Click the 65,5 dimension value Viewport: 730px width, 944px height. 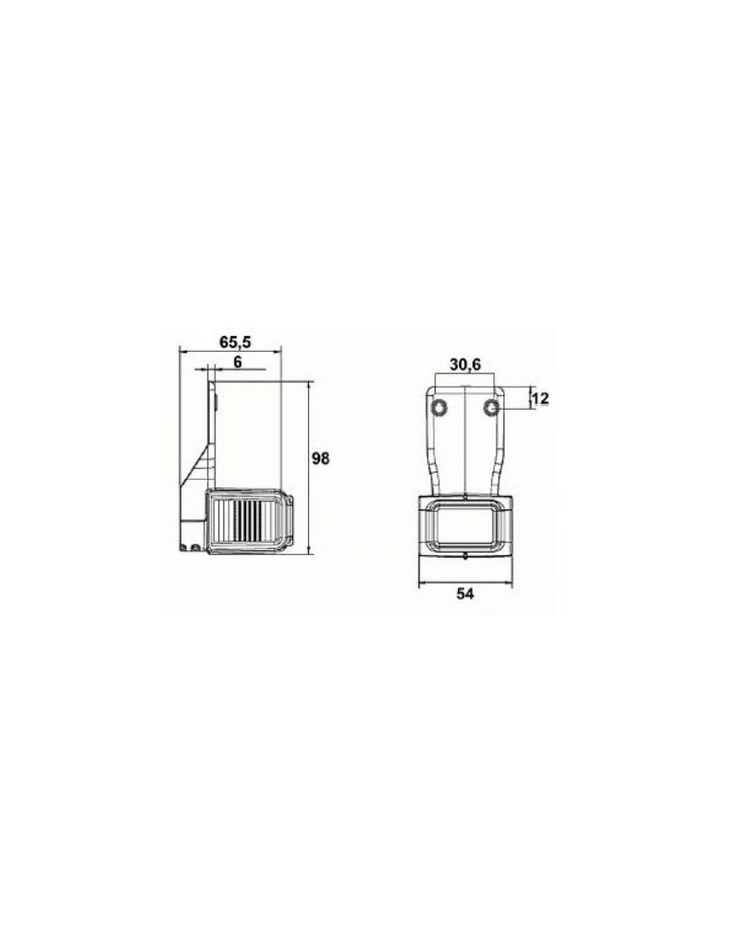[x=235, y=342]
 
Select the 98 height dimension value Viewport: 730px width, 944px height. [x=321, y=458]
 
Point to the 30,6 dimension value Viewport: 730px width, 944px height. [x=465, y=365]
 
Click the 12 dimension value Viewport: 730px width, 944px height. [x=540, y=398]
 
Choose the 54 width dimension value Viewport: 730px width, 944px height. [x=465, y=594]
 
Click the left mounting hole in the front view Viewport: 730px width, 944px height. [x=439, y=408]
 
